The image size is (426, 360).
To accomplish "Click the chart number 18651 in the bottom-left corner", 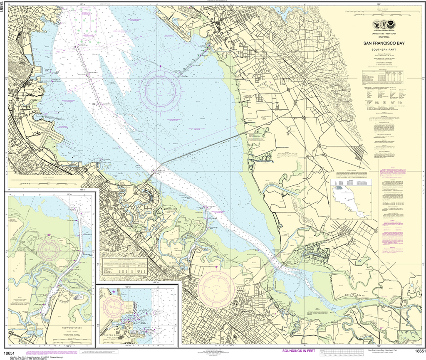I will coord(9,353).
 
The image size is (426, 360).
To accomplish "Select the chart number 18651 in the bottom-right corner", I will coord(417,353).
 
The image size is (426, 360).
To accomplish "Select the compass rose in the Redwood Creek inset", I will coord(49,249).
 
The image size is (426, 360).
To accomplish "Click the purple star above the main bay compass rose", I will coord(160,66).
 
